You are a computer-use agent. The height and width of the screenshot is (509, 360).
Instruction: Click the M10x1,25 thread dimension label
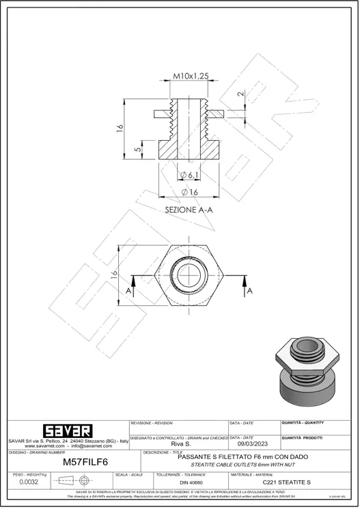190,76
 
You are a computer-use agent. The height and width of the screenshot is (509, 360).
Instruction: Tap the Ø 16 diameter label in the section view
189,191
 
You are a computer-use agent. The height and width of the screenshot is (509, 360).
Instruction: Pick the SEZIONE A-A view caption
189,210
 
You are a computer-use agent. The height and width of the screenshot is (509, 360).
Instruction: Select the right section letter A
250,290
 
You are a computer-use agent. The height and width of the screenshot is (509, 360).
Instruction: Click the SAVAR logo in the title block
66,431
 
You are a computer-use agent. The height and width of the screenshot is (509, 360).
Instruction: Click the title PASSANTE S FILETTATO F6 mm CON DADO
242,456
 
